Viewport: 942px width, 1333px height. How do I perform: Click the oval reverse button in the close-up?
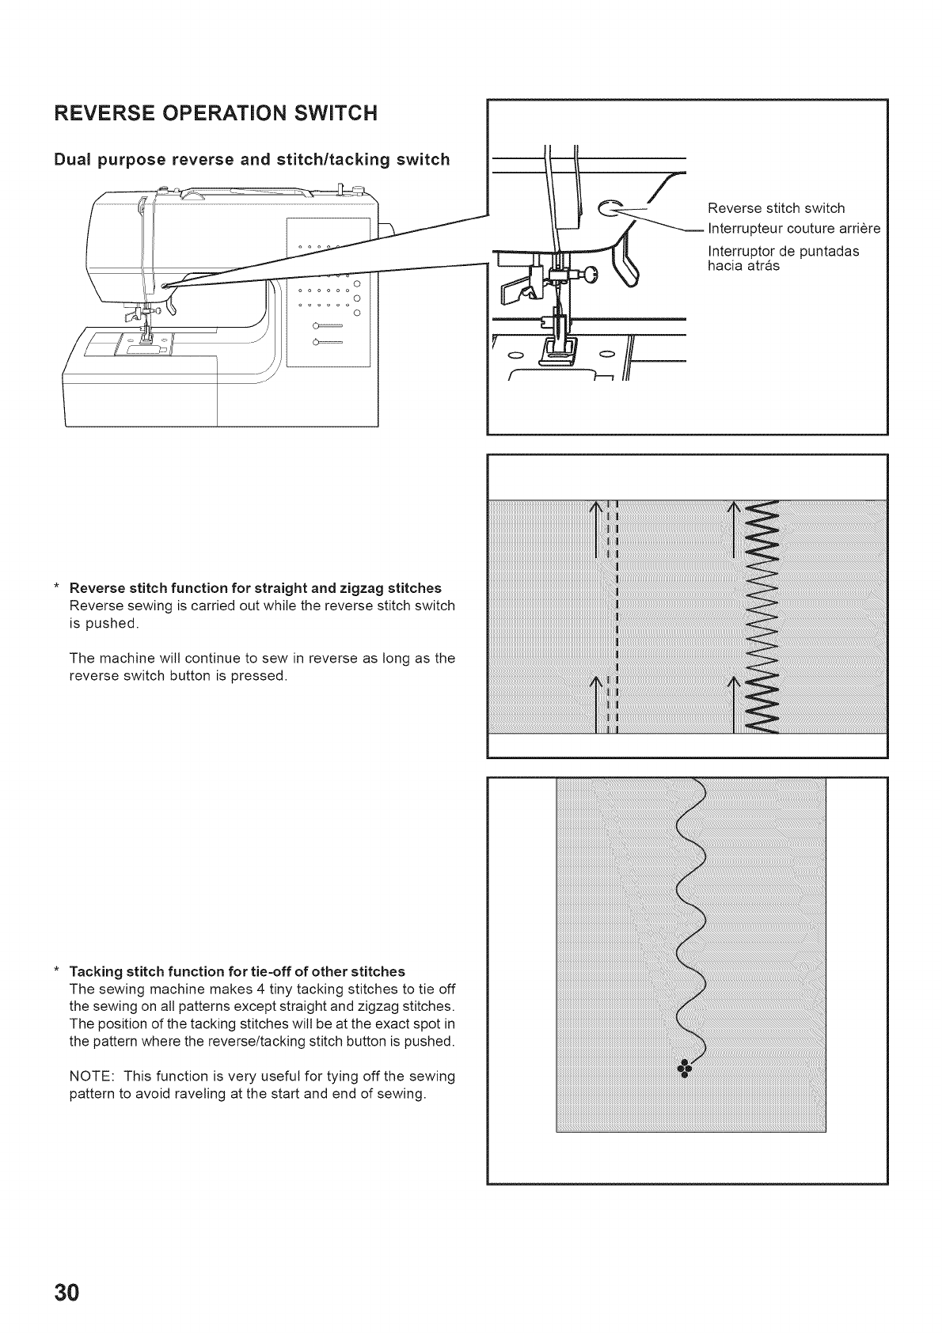coord(611,207)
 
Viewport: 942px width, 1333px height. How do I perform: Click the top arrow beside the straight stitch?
coord(595,529)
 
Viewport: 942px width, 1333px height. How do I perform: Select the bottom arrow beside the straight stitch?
coord(595,703)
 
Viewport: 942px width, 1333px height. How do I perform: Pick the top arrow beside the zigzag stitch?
coord(735,529)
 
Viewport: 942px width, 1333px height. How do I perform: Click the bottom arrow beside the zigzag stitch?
coord(735,703)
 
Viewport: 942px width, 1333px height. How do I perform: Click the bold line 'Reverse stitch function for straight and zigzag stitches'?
coord(255,588)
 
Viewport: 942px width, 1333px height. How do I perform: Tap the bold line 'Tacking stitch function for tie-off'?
coord(237,971)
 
